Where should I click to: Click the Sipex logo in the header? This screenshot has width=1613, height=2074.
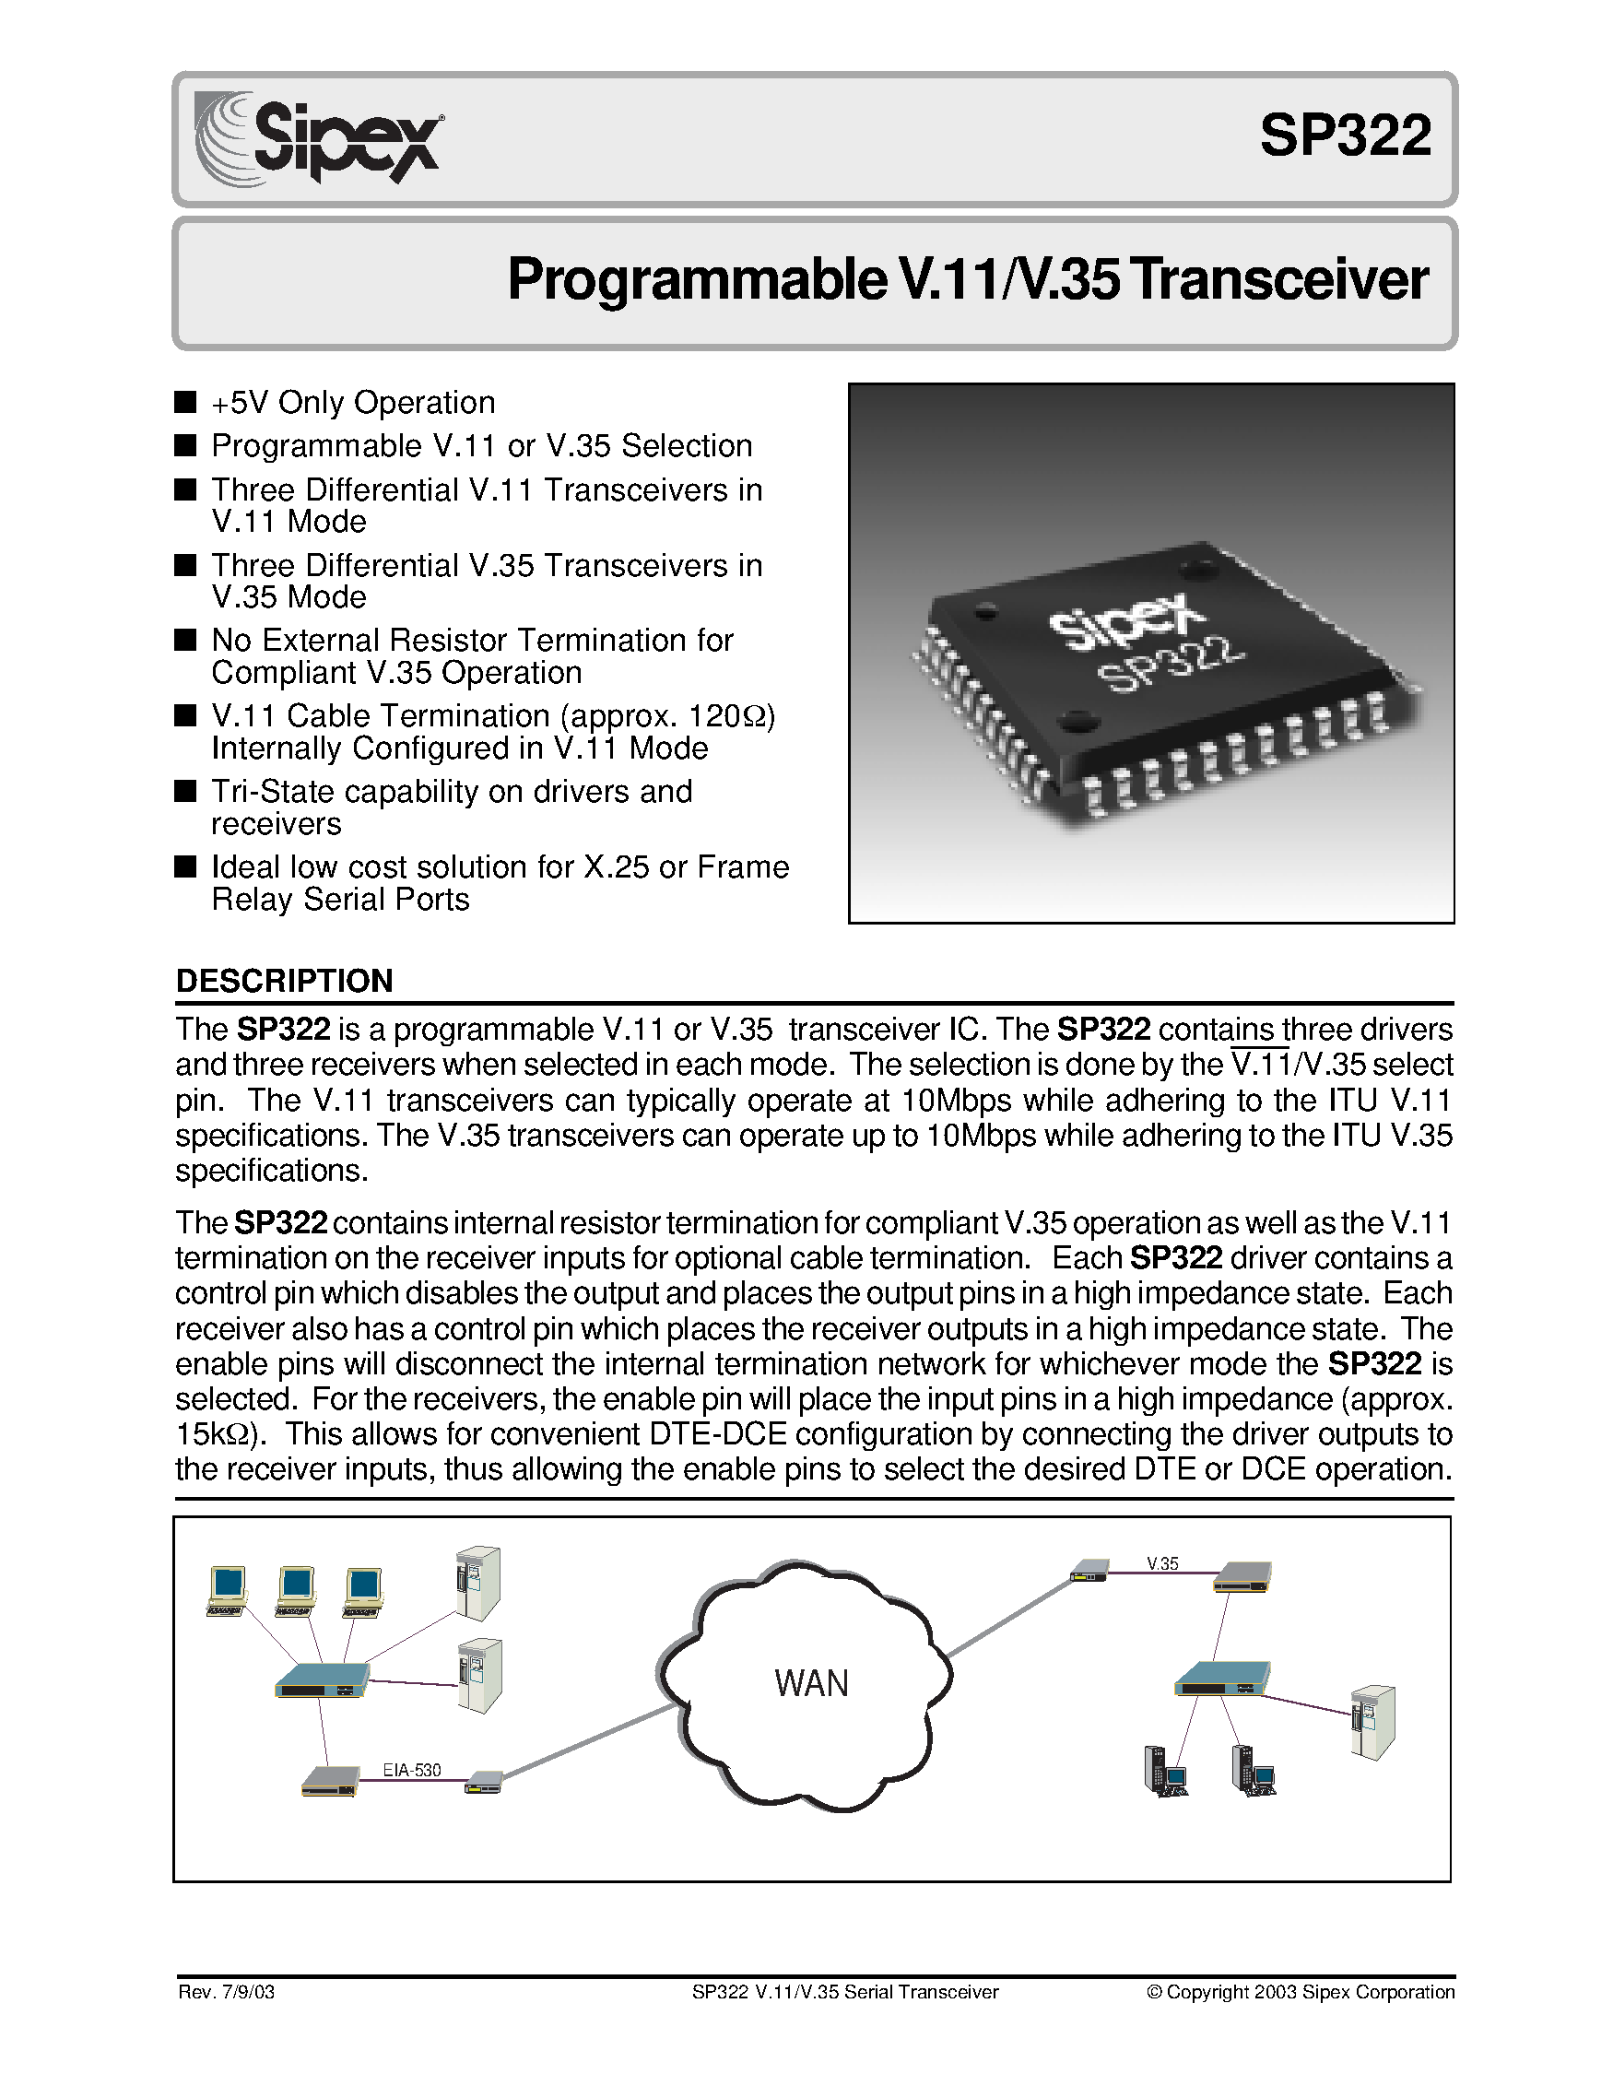(319, 138)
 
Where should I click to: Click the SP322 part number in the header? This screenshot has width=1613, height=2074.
(1345, 136)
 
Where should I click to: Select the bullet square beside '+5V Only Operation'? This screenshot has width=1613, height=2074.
(186, 402)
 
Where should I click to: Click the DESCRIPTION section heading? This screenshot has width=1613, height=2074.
(284, 981)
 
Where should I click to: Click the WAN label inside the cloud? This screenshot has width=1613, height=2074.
(811, 1683)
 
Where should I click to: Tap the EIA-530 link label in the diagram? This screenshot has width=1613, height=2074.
(412, 1769)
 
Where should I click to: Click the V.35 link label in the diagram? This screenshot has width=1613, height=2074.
(1162, 1563)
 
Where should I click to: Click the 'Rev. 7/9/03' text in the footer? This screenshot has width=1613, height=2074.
(226, 1991)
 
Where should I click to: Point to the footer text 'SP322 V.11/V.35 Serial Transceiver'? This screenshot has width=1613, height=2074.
(845, 1991)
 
